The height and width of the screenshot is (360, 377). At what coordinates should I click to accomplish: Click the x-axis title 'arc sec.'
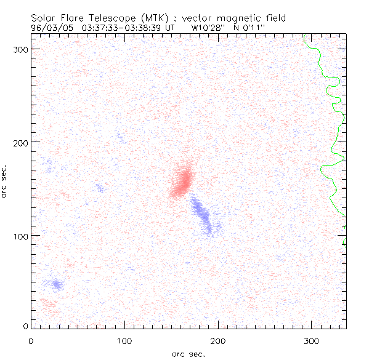(x=188, y=353)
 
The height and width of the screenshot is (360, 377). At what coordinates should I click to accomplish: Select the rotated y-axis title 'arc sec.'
(x=5, y=182)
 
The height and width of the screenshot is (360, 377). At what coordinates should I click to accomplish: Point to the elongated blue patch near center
(x=203, y=215)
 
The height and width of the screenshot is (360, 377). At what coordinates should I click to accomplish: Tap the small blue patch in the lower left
(x=57, y=284)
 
